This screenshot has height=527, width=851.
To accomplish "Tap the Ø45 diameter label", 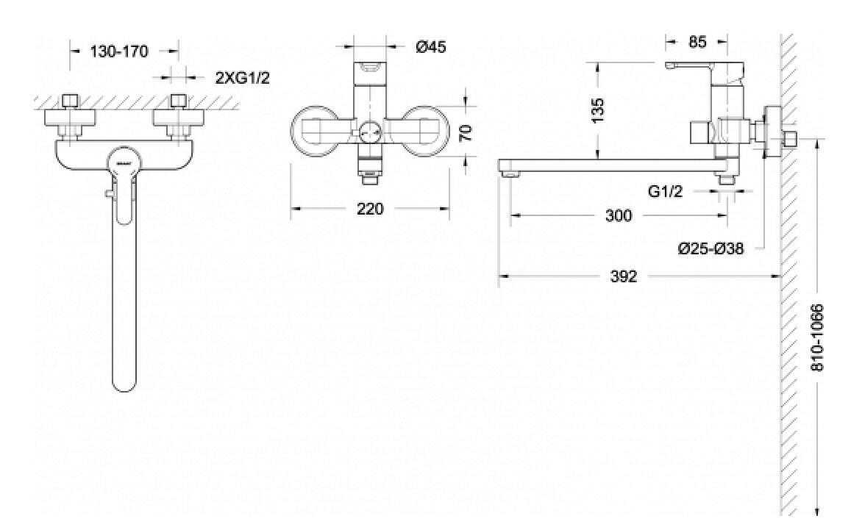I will tap(430, 48).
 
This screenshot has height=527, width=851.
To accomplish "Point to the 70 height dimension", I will tap(465, 132).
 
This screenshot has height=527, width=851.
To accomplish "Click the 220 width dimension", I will tap(370, 209).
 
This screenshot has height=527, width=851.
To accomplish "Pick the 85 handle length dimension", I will tap(697, 42).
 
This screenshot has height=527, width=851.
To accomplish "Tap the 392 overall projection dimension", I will tap(624, 276).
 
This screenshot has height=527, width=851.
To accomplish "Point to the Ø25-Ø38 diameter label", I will tap(711, 249).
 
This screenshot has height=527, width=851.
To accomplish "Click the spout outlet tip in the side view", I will tap(508, 174).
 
